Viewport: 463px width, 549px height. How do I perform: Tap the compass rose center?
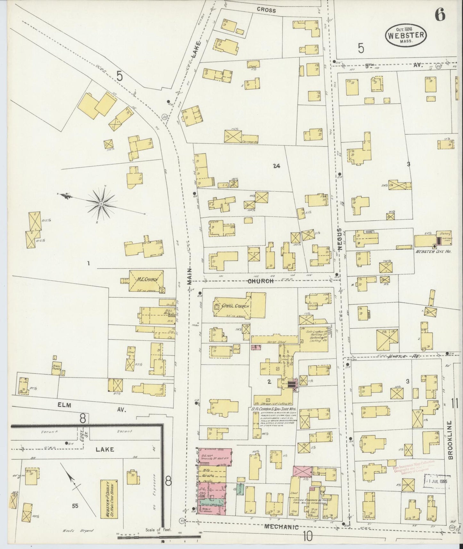click(101, 203)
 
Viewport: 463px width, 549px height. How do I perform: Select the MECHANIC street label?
click(282, 527)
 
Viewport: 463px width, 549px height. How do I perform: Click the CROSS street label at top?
click(266, 10)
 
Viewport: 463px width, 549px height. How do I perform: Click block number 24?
click(277, 166)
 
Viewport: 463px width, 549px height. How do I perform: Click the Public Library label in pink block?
click(212, 512)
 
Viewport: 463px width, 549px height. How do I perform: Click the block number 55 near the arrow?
click(75, 506)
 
